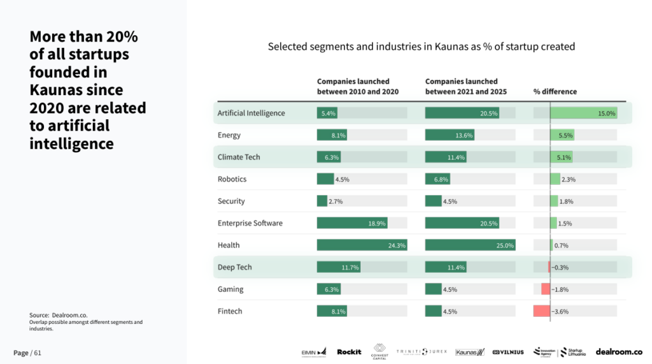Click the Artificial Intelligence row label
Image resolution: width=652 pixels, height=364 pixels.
point(251,113)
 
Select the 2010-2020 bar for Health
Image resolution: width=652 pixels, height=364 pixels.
point(362,245)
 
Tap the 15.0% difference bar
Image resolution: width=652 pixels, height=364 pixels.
point(583,113)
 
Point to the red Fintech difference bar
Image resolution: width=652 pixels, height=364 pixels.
point(541,312)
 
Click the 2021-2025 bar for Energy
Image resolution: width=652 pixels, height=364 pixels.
point(450,135)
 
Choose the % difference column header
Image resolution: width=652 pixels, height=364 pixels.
point(555,91)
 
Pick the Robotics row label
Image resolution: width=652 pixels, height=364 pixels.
point(232,179)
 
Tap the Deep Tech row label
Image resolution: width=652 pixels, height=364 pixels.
point(234,267)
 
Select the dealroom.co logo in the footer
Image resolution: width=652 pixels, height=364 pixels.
point(618,352)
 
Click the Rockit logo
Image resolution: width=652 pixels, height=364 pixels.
point(349,352)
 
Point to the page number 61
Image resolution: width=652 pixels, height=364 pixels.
point(38,353)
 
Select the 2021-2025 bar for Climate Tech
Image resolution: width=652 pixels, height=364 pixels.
point(446,157)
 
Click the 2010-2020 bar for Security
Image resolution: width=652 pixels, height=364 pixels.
point(322,201)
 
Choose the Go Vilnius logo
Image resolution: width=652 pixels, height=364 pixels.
point(507,352)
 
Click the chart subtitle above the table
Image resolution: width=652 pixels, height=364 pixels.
point(421,47)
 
